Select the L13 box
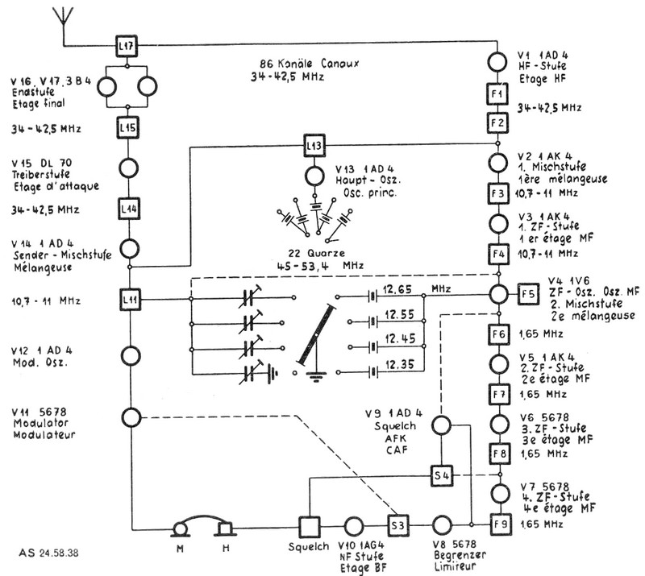(x=314, y=146)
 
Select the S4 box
(x=441, y=474)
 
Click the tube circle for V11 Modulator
(x=131, y=417)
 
